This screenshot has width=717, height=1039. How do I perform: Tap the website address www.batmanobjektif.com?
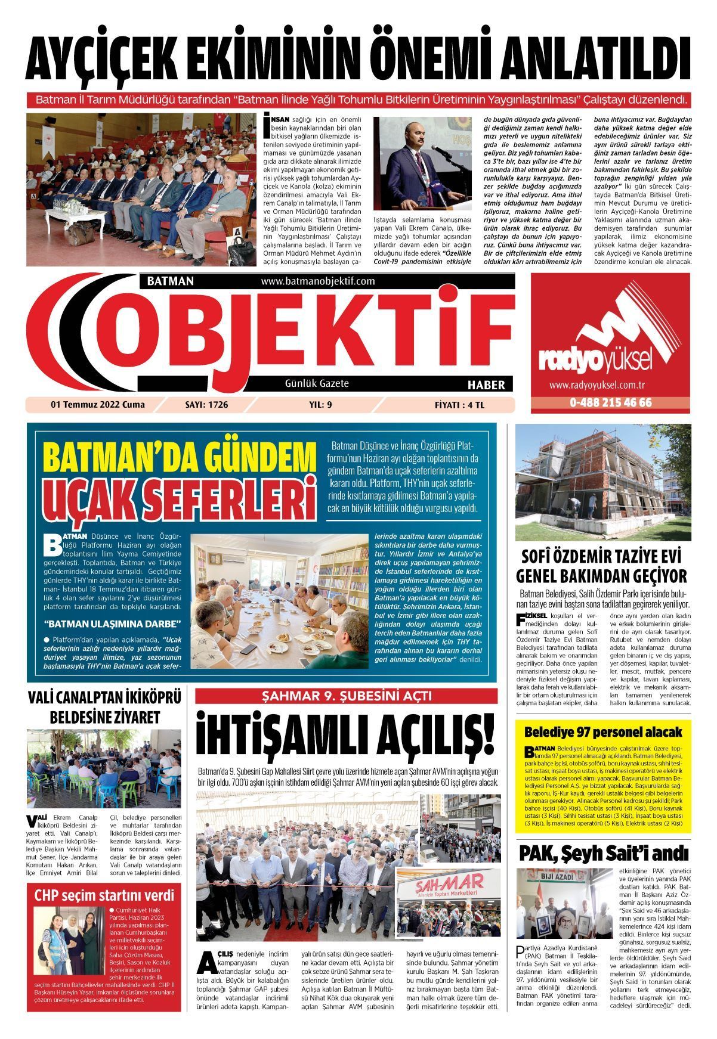pos(317,281)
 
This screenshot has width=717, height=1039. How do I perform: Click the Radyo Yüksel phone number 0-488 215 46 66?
pos(610,402)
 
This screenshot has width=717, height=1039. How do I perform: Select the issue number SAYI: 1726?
pos(206,405)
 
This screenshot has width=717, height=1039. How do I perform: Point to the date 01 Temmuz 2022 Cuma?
pos(98,405)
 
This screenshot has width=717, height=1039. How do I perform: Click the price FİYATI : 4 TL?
pos(459,405)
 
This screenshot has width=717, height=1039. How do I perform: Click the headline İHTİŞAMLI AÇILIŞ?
pos(346,737)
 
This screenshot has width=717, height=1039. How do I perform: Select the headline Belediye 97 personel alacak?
pos(602,732)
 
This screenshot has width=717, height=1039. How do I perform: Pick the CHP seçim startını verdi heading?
pos(104,895)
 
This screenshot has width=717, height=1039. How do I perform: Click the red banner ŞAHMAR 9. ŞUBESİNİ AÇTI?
pos(346,696)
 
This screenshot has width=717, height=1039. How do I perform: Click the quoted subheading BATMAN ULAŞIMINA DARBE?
pos(112,625)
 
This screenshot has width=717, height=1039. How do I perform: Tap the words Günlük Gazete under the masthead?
pos(317,383)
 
